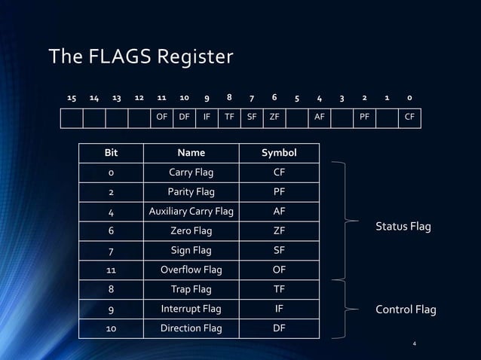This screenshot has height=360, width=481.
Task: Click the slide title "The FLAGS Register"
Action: click(x=141, y=56)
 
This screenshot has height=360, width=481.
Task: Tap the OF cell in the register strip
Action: click(x=161, y=117)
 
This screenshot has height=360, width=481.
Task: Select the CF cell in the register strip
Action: click(x=409, y=117)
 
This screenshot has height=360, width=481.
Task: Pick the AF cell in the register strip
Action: click(x=320, y=117)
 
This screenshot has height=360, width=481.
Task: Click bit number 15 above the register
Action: click(x=72, y=98)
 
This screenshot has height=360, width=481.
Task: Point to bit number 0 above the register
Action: click(x=409, y=98)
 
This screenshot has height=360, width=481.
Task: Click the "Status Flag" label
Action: click(x=403, y=227)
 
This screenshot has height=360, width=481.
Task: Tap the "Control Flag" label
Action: click(x=406, y=310)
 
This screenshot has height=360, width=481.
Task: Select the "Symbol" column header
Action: click(x=279, y=153)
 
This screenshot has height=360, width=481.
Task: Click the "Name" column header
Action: click(x=191, y=153)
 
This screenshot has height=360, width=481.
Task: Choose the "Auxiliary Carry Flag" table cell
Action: click(x=191, y=212)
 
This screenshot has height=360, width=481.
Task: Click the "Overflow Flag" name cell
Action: click(x=191, y=270)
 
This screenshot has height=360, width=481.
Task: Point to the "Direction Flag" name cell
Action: click(x=191, y=328)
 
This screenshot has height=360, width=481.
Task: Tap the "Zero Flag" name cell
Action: click(x=191, y=231)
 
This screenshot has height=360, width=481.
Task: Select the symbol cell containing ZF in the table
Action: click(x=279, y=231)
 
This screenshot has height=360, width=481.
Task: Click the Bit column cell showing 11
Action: click(x=111, y=270)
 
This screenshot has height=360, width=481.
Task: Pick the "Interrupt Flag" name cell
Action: click(x=191, y=309)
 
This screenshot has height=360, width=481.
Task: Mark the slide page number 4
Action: click(x=414, y=344)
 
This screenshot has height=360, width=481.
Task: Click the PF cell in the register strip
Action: click(x=364, y=117)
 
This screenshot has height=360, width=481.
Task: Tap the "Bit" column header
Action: click(x=111, y=153)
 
